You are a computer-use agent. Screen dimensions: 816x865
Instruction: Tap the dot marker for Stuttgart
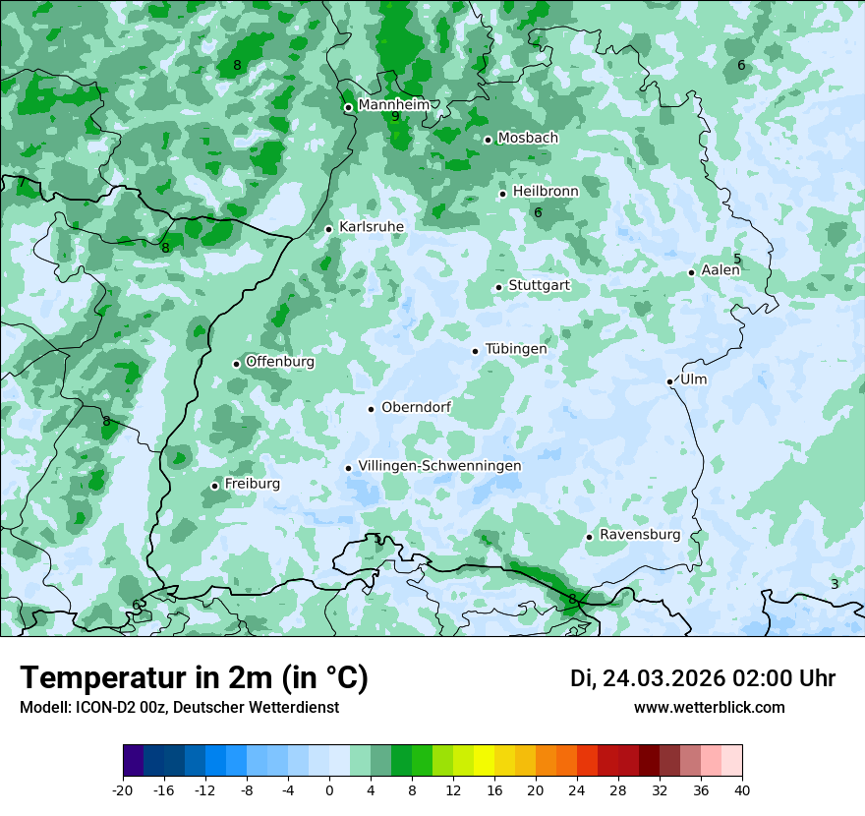pos(499,287)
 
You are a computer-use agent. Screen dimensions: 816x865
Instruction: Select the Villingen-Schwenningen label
pos(439,466)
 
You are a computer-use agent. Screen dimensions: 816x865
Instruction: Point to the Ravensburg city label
pos(639,535)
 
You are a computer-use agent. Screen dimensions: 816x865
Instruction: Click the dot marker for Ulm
pos(670,381)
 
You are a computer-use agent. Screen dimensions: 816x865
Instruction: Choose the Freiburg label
pos(252,484)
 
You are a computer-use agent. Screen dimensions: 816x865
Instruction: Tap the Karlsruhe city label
pos(371,227)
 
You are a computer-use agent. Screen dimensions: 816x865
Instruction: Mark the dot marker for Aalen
pos(692,272)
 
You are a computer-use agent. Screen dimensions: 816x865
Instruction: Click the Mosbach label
pos(527,139)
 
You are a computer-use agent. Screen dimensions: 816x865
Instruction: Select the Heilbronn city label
pos(546,191)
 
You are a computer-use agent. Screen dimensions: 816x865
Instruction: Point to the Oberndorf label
pos(416,407)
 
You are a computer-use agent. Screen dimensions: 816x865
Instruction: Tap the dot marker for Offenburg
pos(237,364)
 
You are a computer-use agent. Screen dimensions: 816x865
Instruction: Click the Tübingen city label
pos(516,349)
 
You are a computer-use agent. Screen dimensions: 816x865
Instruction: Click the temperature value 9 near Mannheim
pos(395,117)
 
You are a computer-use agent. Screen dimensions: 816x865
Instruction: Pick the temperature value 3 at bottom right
pos(835,584)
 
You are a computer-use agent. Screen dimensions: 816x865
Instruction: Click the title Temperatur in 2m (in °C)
pos(195,678)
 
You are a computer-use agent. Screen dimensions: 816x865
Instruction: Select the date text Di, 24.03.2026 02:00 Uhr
pos(703,678)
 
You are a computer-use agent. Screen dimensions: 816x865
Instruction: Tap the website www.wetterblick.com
pos(709,707)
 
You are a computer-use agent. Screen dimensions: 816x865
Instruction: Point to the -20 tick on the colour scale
pos(123,789)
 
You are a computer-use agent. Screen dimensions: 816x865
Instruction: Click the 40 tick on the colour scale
pos(742,789)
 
